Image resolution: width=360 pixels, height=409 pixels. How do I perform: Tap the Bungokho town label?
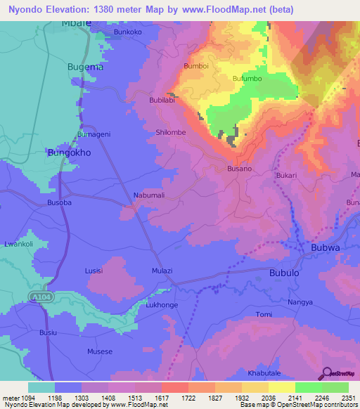tap(66, 151)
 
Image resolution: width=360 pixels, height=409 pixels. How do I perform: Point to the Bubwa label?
tap(326, 247)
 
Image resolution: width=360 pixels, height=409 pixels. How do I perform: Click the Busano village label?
tap(239, 169)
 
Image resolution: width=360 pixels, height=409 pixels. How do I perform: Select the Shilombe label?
tap(169, 132)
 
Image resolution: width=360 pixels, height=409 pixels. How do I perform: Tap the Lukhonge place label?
tap(161, 306)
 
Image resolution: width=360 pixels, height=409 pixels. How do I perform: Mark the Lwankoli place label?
tap(18, 244)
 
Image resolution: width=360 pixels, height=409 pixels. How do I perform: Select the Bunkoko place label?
tap(128, 32)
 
